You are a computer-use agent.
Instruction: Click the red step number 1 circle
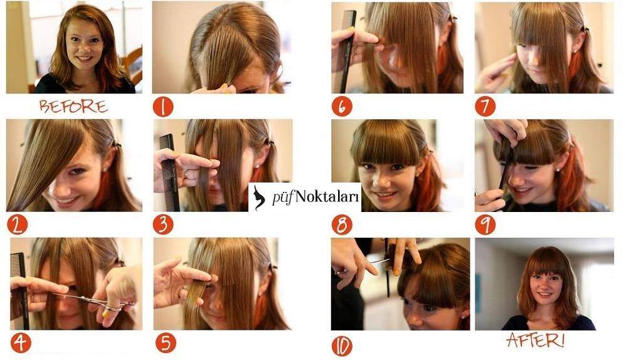163,107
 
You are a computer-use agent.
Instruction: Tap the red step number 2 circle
17,225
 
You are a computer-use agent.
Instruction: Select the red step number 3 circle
163,225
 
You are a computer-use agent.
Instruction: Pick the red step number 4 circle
21,343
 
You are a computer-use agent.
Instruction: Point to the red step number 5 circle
166,343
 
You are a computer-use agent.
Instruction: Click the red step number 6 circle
342,107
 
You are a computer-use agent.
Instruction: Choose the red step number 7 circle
485,107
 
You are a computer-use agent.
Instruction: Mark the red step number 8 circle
342,225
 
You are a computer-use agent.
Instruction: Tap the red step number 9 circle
485,225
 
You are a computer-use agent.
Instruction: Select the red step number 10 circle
342,346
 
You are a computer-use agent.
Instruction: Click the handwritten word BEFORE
73,106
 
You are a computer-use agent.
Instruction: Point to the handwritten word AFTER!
536,340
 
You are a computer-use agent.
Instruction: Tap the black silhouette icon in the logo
259,197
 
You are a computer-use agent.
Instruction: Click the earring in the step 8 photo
418,174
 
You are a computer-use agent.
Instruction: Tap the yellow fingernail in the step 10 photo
396,273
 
